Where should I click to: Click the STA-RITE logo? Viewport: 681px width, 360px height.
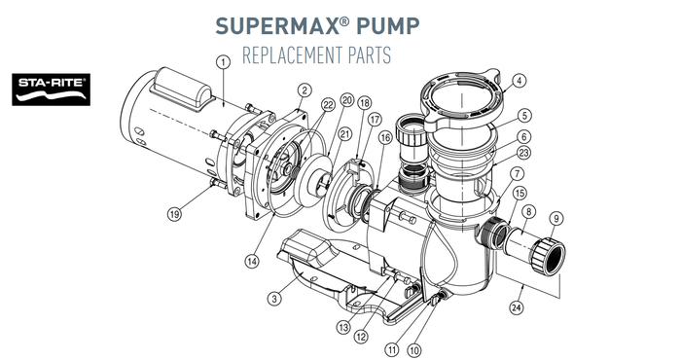[x=52, y=90]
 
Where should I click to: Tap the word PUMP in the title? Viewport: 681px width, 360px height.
[x=388, y=26]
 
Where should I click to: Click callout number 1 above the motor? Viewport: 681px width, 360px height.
[x=223, y=62]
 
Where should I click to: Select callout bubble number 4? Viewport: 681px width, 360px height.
[x=519, y=81]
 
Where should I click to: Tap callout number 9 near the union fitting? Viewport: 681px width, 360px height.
[x=556, y=218]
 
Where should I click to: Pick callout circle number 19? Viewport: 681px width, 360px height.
[x=174, y=214]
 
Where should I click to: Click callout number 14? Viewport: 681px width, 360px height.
[x=252, y=261]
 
